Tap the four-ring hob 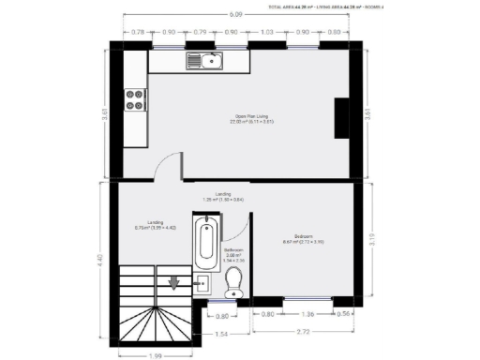[x=134, y=97]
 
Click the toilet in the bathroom [x=234, y=281]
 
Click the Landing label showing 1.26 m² [x=224, y=197]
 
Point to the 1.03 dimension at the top [x=267, y=32]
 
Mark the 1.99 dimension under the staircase [x=155, y=355]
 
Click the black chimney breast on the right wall [x=342, y=118]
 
